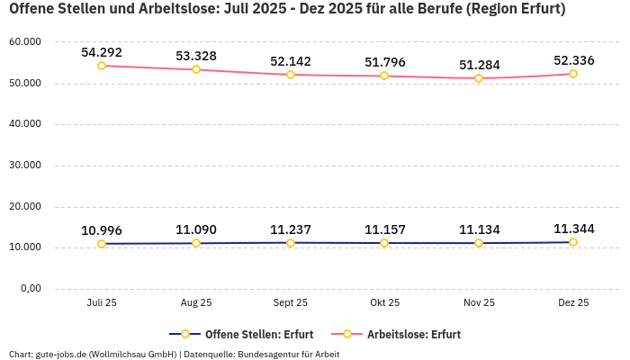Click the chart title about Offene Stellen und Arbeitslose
click(x=287, y=10)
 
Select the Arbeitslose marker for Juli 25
click(x=102, y=66)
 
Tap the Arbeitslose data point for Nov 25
click(x=479, y=78)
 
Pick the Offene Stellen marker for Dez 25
click(x=573, y=242)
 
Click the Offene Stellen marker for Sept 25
click(x=291, y=243)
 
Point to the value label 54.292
click(x=102, y=52)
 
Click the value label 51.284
click(x=479, y=65)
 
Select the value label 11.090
click(x=196, y=229)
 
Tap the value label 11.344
click(x=573, y=229)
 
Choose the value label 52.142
click(x=291, y=61)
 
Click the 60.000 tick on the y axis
click(x=24, y=42)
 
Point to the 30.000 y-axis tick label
click(x=24, y=166)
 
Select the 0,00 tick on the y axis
click(x=30, y=289)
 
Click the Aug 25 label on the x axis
click(x=196, y=303)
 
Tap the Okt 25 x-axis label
click(x=384, y=303)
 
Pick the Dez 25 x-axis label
click(x=573, y=303)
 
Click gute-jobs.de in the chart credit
click(x=60, y=354)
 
